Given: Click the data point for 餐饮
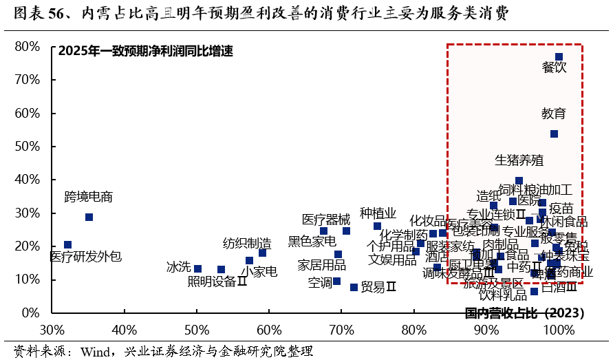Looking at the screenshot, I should pos(559,57).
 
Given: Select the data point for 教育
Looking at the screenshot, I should pos(554,134).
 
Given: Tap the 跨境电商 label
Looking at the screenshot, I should pos(88,197).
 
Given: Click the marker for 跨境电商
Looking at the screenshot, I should pos(89,217).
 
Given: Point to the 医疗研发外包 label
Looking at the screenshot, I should pos(86,257).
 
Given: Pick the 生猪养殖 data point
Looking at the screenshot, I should pos(519,181).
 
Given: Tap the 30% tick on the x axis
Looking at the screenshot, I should pos(52,329).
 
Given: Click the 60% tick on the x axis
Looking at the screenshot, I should pos(269,329).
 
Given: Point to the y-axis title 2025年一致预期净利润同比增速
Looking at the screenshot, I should pos(146,52).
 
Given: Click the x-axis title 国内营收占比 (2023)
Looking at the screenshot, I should pos(524,313).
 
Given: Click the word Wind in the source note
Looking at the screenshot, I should pos(96,351).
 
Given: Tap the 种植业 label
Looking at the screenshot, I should pos(378,213).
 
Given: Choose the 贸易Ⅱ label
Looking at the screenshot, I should pos(378,286).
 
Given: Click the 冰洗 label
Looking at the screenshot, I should pos(178,266).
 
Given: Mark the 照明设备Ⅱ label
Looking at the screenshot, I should pos(217,281).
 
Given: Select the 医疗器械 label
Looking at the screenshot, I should pos(326,220).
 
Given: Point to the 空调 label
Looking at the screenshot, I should pos(319,282).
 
